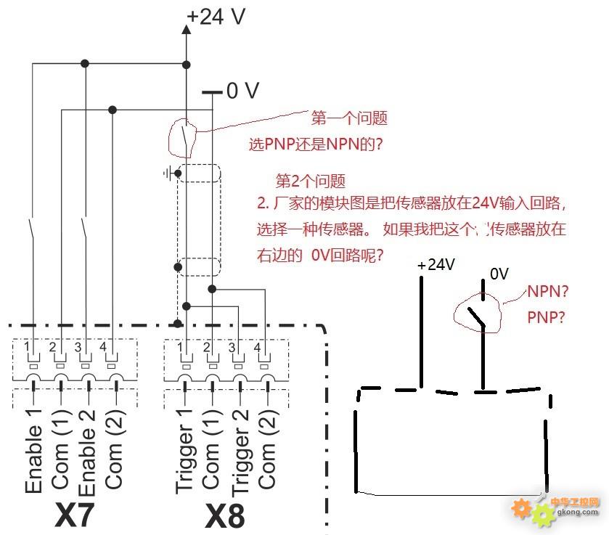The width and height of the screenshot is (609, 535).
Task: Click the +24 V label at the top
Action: (216, 17)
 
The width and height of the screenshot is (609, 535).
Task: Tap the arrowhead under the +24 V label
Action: (187, 30)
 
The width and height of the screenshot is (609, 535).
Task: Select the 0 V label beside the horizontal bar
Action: (242, 91)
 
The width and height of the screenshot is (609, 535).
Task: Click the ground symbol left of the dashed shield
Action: (168, 173)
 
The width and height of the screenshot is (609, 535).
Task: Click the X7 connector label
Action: (74, 515)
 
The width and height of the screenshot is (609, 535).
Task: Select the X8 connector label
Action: (225, 515)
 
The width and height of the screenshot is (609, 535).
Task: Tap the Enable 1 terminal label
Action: (33, 452)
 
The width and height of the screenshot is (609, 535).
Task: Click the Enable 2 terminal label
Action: (86, 453)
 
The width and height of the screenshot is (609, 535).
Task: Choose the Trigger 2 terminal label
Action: (240, 453)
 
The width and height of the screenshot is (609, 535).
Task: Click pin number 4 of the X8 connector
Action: (257, 347)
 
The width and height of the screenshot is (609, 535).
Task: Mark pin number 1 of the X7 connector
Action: (26, 346)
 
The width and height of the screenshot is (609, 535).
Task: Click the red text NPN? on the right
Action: (547, 291)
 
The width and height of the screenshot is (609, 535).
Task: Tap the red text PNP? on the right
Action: (546, 317)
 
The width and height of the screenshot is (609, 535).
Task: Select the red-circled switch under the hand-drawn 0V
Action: (478, 313)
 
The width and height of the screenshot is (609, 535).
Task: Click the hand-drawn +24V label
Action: (436, 264)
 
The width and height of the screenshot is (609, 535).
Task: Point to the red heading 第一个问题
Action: (349, 118)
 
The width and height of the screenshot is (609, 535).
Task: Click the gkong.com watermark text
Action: (578, 512)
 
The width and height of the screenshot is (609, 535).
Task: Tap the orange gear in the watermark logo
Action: (521, 509)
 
